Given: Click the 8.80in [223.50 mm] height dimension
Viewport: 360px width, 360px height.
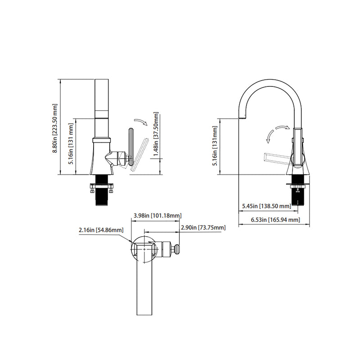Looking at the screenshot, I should click(x=55, y=129).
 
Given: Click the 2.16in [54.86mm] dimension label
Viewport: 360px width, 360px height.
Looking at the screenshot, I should click(x=100, y=230).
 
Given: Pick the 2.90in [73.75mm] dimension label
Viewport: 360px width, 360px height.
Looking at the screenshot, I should click(x=203, y=228).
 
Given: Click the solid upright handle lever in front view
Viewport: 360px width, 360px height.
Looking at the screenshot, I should click(x=130, y=147).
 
